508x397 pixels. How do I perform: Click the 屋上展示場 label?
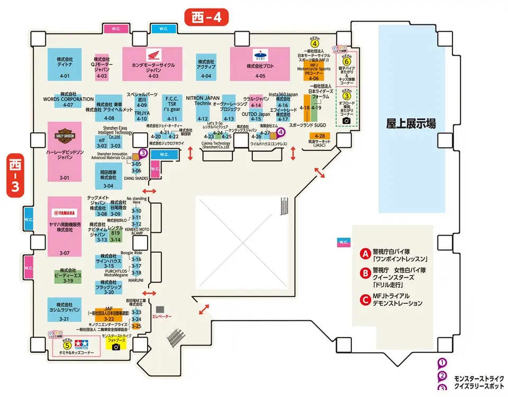[x=411, y=124]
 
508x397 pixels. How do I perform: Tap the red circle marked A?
[x=364, y=254]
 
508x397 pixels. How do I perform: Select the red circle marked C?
[x=364, y=300]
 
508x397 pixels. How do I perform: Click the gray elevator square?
[x=160, y=309]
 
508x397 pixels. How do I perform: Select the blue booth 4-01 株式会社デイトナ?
[x=65, y=64]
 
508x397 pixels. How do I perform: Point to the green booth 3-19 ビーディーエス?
[x=68, y=275]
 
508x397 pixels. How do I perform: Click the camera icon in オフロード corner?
[x=347, y=121]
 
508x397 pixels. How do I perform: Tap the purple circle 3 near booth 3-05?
[x=143, y=154]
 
